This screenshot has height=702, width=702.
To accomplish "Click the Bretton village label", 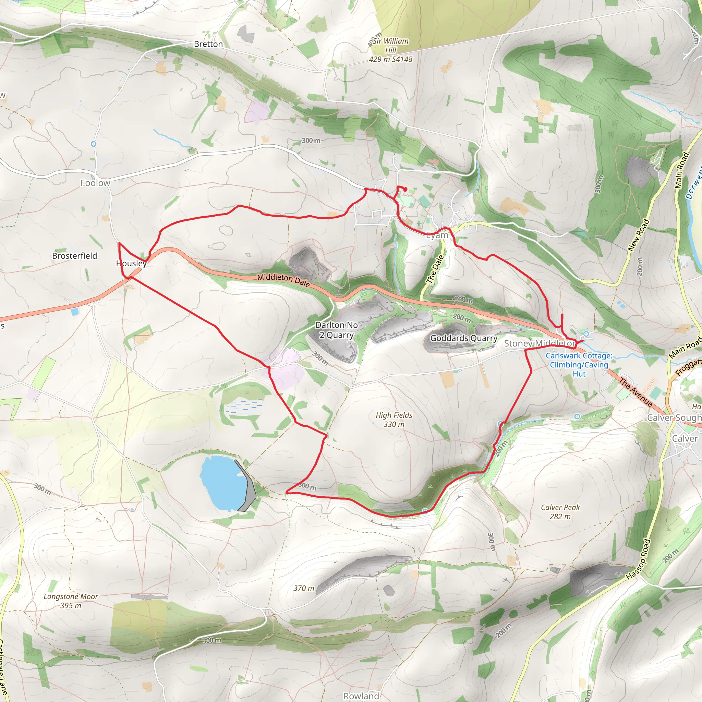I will click(x=208, y=44).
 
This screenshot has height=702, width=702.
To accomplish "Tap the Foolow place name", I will click(x=95, y=183).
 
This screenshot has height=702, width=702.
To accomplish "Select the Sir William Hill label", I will click(x=391, y=50).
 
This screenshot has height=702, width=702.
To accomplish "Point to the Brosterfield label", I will click(x=74, y=256).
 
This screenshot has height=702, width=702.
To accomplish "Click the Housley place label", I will click(x=131, y=264).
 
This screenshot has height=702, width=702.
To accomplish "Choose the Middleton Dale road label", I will click(x=283, y=280).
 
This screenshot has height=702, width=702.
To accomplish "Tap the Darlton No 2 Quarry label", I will click(x=337, y=330).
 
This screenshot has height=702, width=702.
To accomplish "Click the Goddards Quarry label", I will click(x=464, y=338).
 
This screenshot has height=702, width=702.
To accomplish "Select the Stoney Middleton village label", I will click(x=540, y=343).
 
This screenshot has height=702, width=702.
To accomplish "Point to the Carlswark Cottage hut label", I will click(x=579, y=365).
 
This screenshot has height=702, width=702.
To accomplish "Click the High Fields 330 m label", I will click(x=394, y=420).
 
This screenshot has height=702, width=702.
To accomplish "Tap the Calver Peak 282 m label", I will click(x=560, y=512).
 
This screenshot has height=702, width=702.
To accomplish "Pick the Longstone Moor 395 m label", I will click(x=71, y=601).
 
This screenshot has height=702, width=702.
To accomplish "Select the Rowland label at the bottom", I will click(x=361, y=696).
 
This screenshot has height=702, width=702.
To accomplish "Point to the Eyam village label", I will click(x=437, y=235).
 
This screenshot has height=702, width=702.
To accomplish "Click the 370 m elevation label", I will click(x=304, y=588).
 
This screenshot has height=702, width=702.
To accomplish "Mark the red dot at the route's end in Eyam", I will click(x=405, y=189).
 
